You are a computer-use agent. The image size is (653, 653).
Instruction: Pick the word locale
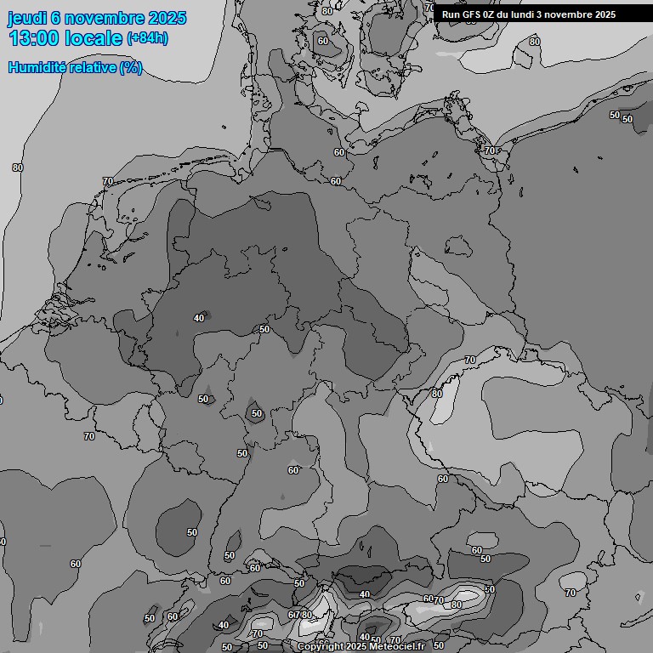click(x=95, y=38)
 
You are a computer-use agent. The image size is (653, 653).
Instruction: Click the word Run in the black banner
click(x=451, y=14)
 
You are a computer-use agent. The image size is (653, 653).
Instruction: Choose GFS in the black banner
click(x=470, y=14)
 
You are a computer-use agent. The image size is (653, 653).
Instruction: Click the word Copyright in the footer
click(x=320, y=647)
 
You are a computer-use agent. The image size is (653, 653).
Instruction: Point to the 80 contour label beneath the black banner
click(x=534, y=42)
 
